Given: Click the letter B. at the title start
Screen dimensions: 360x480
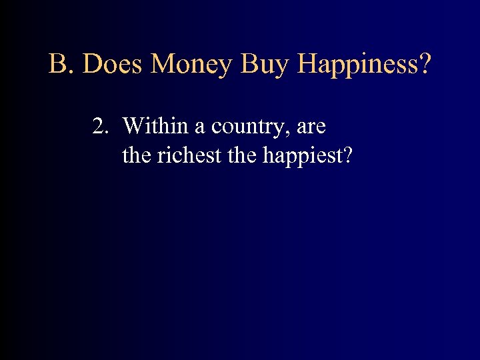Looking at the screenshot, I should point(62,65).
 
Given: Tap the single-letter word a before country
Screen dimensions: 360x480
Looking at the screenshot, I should point(199,128).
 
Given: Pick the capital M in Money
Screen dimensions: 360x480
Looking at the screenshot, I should point(163,65).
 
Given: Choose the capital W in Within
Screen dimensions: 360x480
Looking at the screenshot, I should point(133,125).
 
